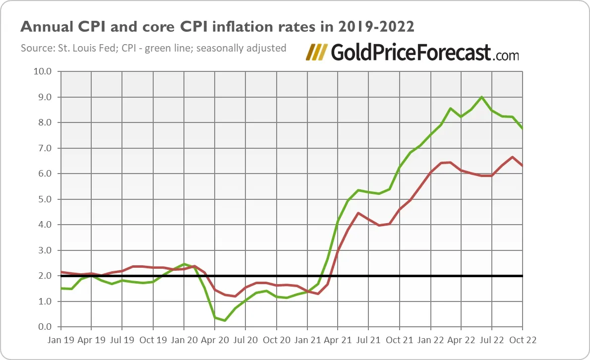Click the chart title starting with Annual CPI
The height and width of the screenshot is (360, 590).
[217, 27]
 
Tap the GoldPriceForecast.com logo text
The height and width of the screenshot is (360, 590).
[424, 52]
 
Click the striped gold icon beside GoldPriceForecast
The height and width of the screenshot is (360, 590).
[317, 52]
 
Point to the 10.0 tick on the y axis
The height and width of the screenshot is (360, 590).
[42, 71]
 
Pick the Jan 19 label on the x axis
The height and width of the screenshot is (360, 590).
[60, 341]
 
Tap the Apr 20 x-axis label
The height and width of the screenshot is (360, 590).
[214, 341]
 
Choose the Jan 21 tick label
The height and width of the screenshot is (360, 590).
[307, 341]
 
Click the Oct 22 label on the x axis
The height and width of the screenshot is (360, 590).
[523, 341]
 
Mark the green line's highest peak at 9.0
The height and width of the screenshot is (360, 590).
[481, 97]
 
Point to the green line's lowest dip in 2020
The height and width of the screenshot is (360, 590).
[225, 320]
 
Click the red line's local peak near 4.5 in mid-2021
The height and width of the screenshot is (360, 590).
[358, 213]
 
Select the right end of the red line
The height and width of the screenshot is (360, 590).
[523, 166]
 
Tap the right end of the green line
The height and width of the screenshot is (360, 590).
[523, 128]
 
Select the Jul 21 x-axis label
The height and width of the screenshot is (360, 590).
[368, 341]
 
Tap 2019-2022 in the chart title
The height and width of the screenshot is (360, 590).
[375, 27]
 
